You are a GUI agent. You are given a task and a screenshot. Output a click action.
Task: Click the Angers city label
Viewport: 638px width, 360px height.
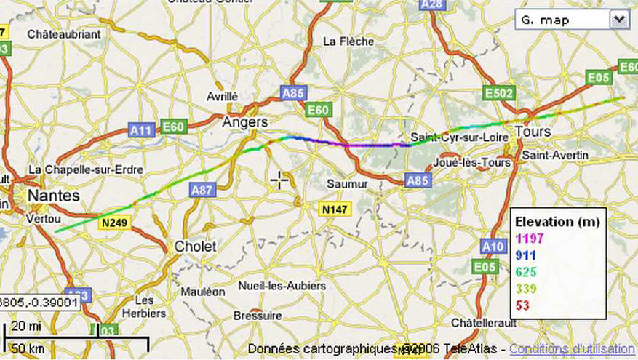pos(244,122)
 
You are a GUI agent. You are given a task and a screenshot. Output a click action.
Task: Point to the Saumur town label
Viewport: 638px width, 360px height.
pos(348,184)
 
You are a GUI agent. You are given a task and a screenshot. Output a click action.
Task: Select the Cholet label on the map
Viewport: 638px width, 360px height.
pos(195,247)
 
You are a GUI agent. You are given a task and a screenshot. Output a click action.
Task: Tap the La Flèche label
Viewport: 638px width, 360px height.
pos(348,41)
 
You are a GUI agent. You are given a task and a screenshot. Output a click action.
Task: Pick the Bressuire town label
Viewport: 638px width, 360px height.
pos(258,316)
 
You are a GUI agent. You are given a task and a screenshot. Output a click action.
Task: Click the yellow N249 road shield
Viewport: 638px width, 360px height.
pos(114,222)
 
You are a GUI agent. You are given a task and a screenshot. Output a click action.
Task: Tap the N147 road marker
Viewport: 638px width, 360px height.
pos(335,209)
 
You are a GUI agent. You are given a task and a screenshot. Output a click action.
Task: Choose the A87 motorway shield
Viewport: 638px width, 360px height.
pos(202,190)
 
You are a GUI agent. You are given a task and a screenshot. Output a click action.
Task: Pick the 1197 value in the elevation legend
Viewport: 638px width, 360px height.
pos(530,238)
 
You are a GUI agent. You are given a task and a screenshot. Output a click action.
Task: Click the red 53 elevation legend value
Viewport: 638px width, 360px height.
pos(522,305)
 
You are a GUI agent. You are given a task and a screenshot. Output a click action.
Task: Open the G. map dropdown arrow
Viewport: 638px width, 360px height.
pos(619,20)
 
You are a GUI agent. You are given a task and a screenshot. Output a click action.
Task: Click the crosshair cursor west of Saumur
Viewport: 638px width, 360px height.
pos(279,180)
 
